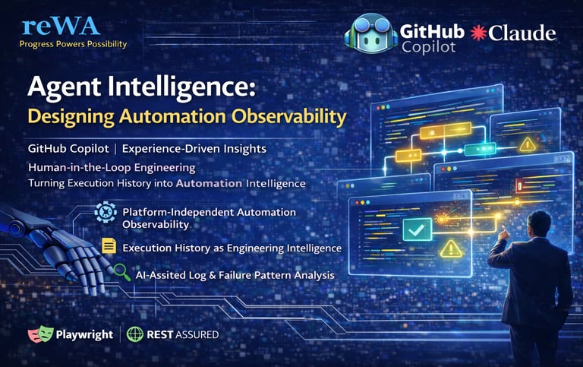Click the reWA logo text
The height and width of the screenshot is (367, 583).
[61, 26]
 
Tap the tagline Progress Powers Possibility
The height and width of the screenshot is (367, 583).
[73, 44]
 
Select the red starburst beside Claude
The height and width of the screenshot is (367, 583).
[478, 33]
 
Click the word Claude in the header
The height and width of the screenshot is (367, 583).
[522, 33]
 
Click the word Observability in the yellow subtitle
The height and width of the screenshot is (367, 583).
[289, 116]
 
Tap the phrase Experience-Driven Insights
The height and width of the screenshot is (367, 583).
[194, 149]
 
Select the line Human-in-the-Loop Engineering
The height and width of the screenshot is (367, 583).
[112, 167]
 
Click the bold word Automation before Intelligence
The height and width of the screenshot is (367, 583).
[209, 183]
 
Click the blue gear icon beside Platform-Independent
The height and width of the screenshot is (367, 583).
[106, 212]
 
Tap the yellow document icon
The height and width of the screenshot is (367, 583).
[109, 246]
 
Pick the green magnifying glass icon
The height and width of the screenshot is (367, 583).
[122, 272]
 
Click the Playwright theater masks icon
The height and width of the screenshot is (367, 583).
[40, 334]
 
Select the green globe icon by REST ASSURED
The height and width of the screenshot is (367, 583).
[135, 334]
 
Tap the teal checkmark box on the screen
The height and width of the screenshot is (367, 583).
[418, 229]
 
